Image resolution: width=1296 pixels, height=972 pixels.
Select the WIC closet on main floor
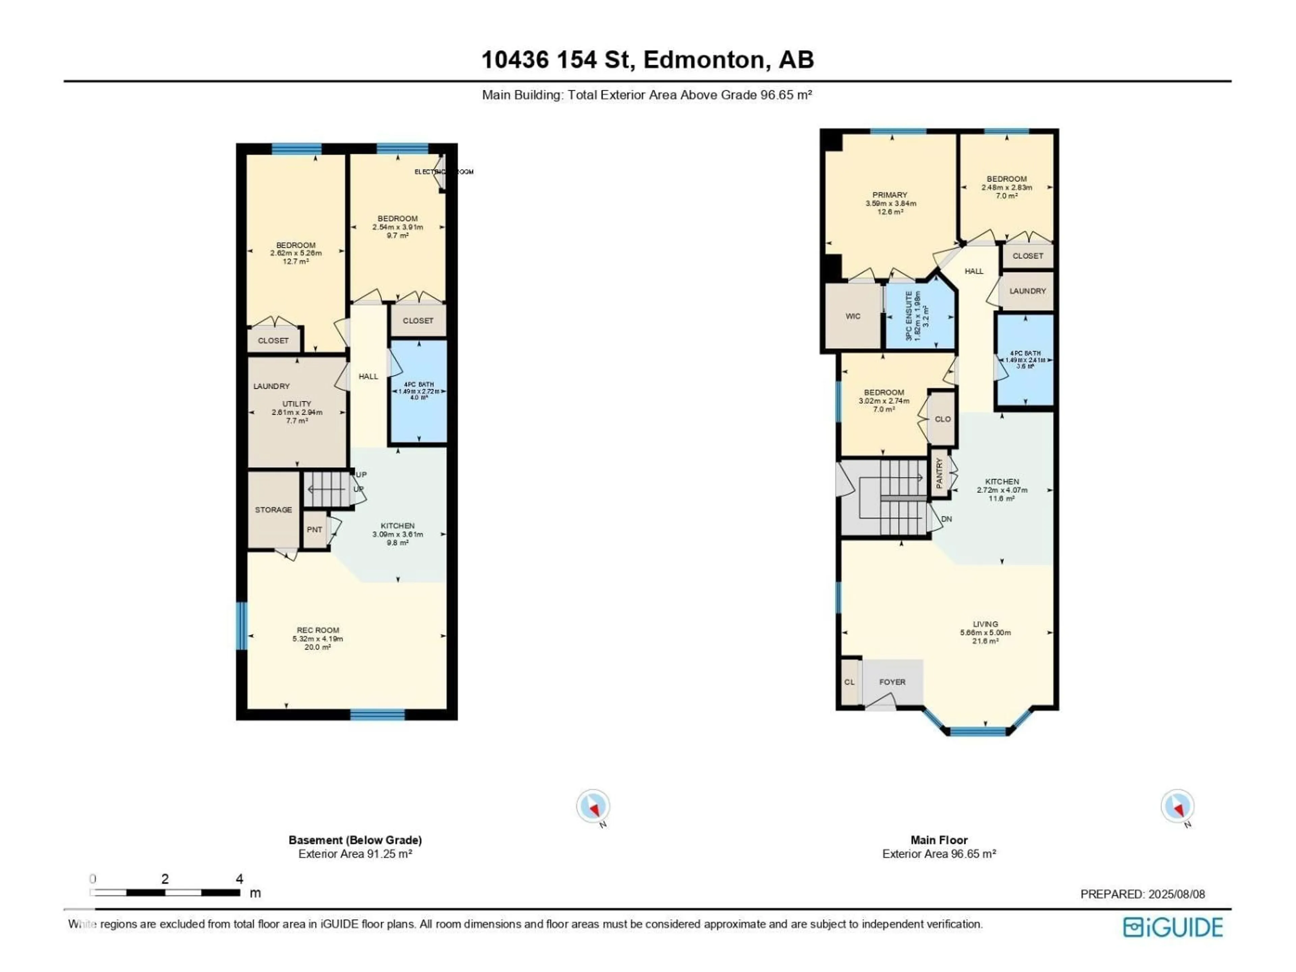853,316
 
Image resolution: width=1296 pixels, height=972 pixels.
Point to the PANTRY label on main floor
939,473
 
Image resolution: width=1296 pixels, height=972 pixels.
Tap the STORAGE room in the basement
273,510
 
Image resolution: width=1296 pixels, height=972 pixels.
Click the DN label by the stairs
946,519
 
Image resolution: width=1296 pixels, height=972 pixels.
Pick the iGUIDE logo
1173,927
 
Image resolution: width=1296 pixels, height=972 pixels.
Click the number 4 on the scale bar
239,879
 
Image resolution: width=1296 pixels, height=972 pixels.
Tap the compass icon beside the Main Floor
1177,807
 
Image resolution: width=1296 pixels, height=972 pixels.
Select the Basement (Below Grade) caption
355,840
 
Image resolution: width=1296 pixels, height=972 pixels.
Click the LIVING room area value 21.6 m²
986,641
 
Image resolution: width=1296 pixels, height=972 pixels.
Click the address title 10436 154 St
647,60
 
